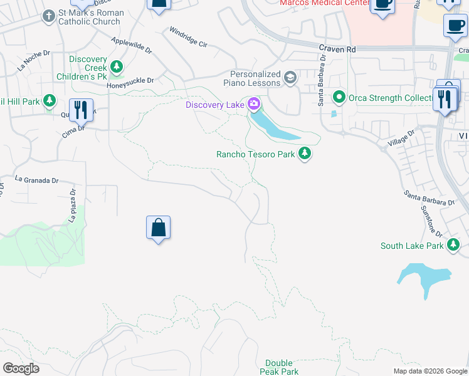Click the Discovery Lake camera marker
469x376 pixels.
coord(254,104)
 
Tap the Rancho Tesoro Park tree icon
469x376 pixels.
coord(305,153)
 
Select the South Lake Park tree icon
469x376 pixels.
coord(453,245)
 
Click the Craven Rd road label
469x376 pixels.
coord(337,48)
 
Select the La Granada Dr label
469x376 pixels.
coord(36,180)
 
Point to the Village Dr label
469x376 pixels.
coord(403,138)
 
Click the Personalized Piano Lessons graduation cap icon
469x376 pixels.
coord(290,78)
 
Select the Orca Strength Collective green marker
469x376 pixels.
coord(339,97)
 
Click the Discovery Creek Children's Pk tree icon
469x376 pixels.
coord(116,66)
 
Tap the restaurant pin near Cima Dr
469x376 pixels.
coord(81,110)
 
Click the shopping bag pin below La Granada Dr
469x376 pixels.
coord(159,228)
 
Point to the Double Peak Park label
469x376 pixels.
coord(279,367)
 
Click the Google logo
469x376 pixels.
coord(21,368)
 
